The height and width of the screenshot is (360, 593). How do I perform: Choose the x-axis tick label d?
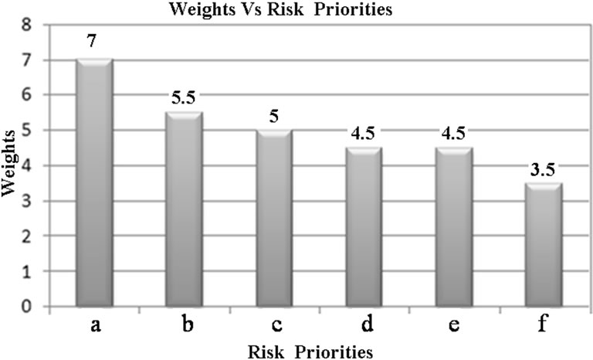pos(363,325)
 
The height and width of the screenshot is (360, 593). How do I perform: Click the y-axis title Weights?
pos(10,165)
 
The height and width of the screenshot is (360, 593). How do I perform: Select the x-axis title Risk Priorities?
pos(310,351)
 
